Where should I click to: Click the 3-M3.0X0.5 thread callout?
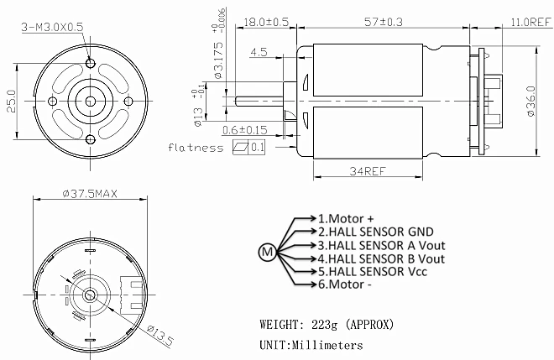point(52,27)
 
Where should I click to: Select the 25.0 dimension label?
point(11,101)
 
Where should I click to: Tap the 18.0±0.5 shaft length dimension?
point(266,22)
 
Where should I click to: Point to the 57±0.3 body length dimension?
point(384,22)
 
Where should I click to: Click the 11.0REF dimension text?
point(531,22)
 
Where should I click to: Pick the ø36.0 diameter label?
point(530,102)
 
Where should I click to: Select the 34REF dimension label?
point(368,171)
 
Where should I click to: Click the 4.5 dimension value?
point(259,52)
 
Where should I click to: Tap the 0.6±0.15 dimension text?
point(245,130)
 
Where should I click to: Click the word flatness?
point(196,147)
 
